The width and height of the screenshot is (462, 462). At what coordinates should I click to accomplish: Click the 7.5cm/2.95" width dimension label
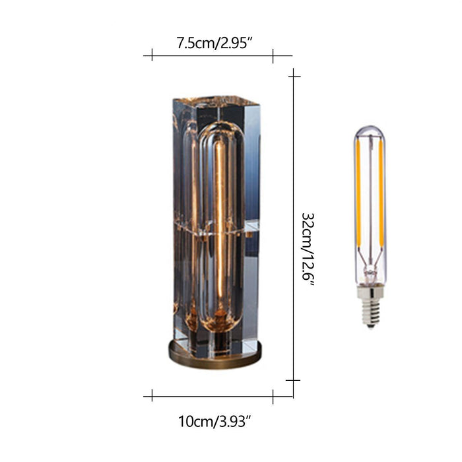point(214,43)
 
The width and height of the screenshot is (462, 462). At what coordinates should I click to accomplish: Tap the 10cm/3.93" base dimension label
point(214,421)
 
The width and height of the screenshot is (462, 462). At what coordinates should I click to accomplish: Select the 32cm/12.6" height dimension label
point(308,249)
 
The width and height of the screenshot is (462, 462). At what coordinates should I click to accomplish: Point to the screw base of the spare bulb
point(370,306)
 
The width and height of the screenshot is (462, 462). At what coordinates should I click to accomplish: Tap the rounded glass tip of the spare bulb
point(370,131)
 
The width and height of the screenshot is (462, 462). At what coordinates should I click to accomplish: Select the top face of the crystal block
point(216,101)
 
